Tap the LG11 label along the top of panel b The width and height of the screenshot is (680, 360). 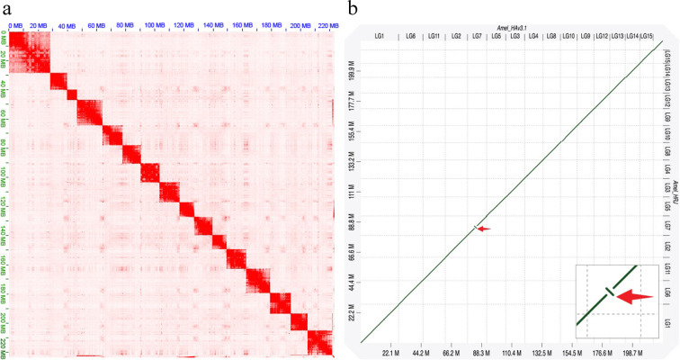point(434,37)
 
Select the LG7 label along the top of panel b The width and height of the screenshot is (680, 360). point(477,37)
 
